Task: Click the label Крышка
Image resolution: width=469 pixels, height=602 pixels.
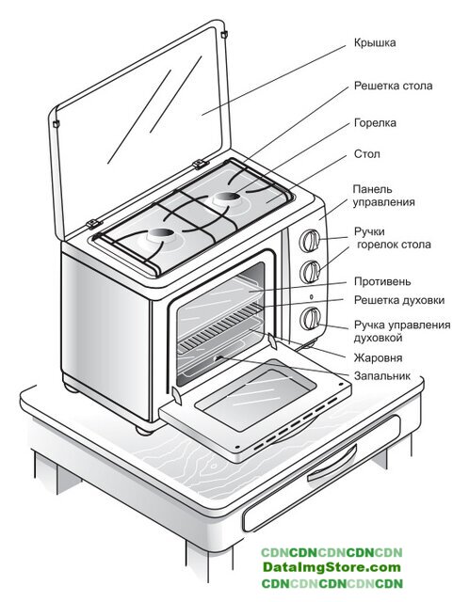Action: pyautogui.click(x=375, y=42)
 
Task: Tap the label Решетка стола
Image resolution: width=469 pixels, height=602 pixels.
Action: pyautogui.click(x=393, y=86)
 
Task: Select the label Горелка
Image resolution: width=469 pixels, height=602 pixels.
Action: pyautogui.click(x=375, y=123)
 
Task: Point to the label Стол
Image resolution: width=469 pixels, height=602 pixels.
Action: pyautogui.click(x=366, y=154)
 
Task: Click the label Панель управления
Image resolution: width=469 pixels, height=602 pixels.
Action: pyautogui.click(x=383, y=196)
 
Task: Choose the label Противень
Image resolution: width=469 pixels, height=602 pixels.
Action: pyautogui.click(x=382, y=281)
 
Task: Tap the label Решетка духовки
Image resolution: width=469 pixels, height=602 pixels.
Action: pyautogui.click(x=399, y=300)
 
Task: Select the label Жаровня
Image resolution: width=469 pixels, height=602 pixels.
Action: pyautogui.click(x=378, y=357)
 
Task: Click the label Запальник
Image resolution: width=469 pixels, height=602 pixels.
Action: pyautogui.click(x=382, y=376)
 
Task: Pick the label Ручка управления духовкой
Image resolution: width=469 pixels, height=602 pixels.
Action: pyautogui.click(x=402, y=331)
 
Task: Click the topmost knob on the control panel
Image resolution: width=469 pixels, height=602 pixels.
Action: pyautogui.click(x=310, y=241)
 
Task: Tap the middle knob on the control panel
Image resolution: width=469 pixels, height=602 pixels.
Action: pyautogui.click(x=310, y=272)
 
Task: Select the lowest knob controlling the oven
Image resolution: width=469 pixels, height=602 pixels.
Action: pyautogui.click(x=310, y=318)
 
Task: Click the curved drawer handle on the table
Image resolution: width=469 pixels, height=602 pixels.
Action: pyautogui.click(x=332, y=464)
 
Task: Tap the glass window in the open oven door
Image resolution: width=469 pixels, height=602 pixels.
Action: pyautogui.click(x=255, y=395)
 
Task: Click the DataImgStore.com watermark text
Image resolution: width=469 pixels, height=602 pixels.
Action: pyautogui.click(x=332, y=567)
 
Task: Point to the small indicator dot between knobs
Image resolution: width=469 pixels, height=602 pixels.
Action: pyautogui.click(x=311, y=297)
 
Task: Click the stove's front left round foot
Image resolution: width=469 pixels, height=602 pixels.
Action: pyautogui.click(x=144, y=430)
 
